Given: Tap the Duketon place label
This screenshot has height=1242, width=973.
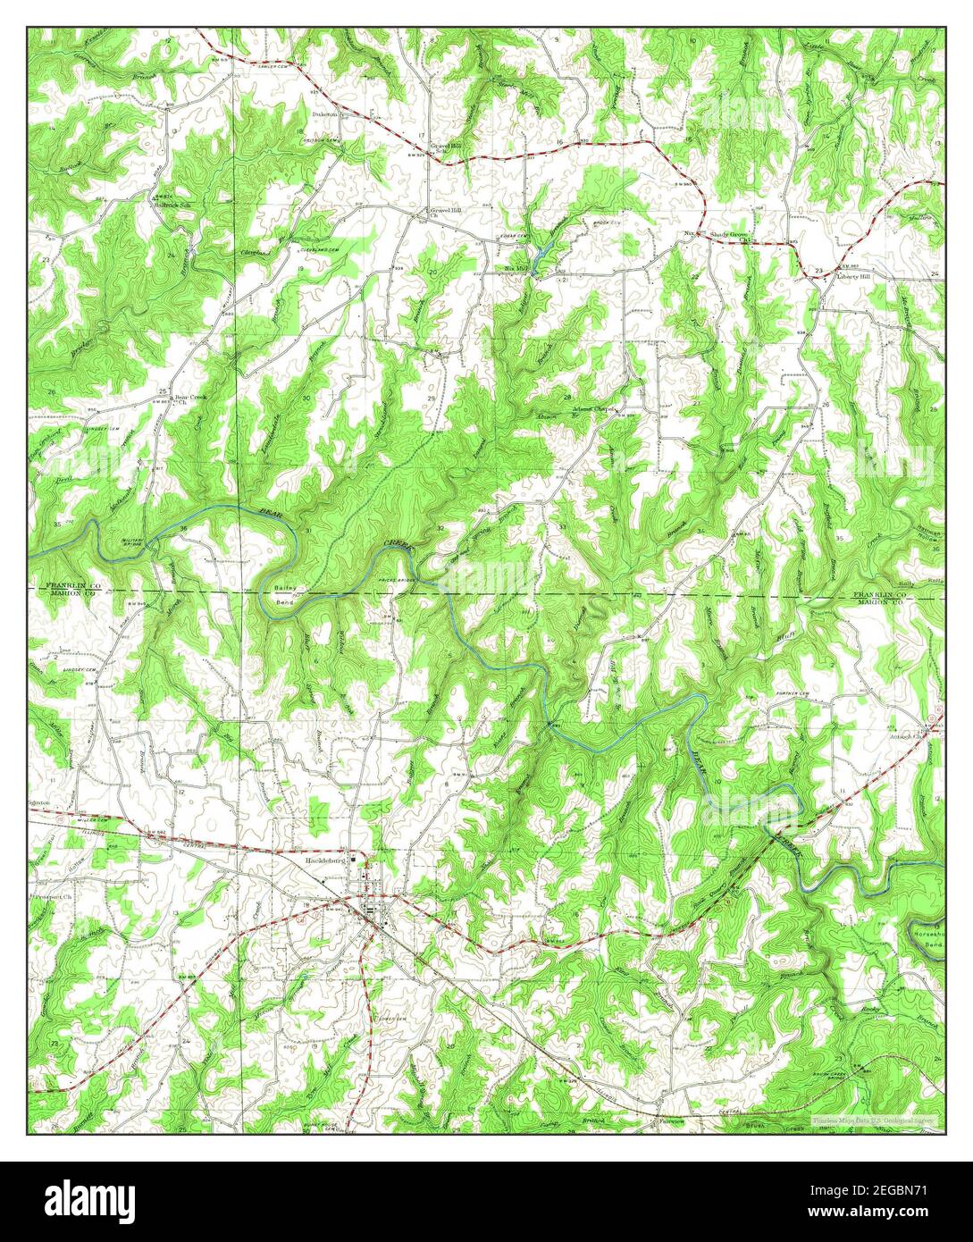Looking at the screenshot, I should click(x=324, y=115).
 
